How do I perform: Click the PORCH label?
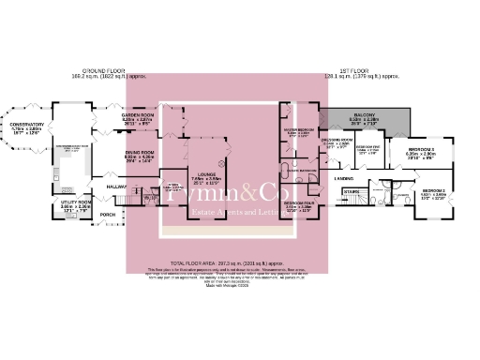[x=107, y=214]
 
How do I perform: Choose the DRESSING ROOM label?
[x=336, y=140]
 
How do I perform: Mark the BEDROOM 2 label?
[x=432, y=192]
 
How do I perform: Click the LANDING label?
[x=344, y=177]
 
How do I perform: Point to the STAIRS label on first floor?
[x=352, y=191]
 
